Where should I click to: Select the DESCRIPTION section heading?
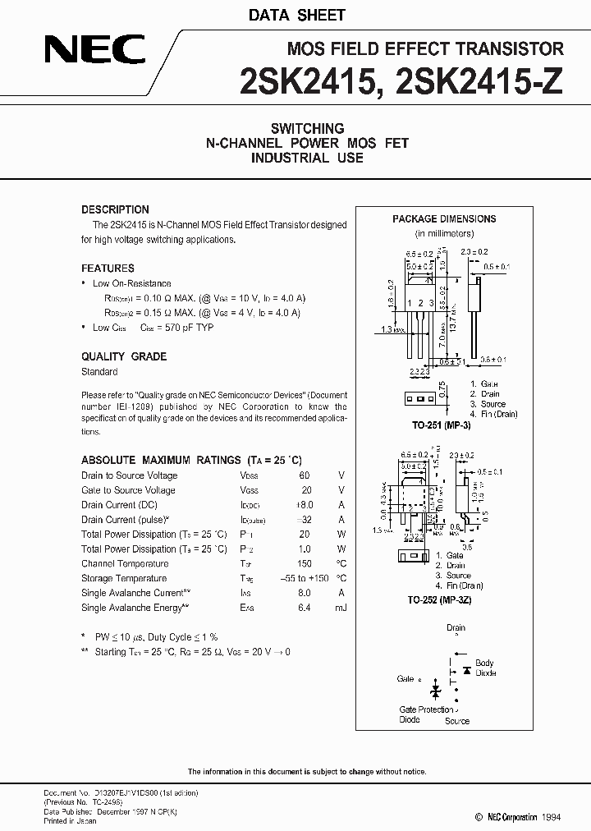tap(115, 209)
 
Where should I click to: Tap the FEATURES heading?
tap(108, 269)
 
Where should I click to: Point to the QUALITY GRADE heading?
tap(124, 356)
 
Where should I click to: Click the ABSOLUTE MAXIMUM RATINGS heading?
tap(191, 461)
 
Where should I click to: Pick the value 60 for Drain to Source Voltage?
tap(305, 475)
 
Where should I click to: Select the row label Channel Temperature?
tap(125, 563)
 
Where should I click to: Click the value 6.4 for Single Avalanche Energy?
tap(304, 608)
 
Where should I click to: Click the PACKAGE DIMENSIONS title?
tap(444, 219)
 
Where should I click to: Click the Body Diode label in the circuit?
tap(484, 667)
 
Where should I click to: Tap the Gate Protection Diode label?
tap(425, 714)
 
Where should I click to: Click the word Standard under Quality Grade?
tap(99, 372)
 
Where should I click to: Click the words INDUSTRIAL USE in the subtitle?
tap(307, 157)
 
